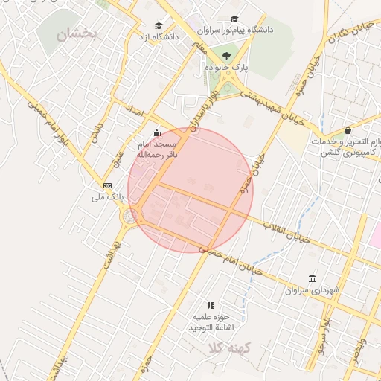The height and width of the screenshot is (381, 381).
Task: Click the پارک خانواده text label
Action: click(x=227, y=68)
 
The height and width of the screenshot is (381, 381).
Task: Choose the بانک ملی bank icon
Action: click(x=108, y=185)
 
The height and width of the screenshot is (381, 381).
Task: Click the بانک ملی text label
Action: click(x=105, y=197)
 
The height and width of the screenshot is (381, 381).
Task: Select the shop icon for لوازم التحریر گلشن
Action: click(x=348, y=130)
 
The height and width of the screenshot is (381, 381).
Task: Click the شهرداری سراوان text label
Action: click(x=312, y=289)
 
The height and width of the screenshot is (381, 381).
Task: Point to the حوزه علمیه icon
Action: click(x=211, y=305)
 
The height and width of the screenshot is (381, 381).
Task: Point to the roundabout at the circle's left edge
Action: click(x=132, y=217)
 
